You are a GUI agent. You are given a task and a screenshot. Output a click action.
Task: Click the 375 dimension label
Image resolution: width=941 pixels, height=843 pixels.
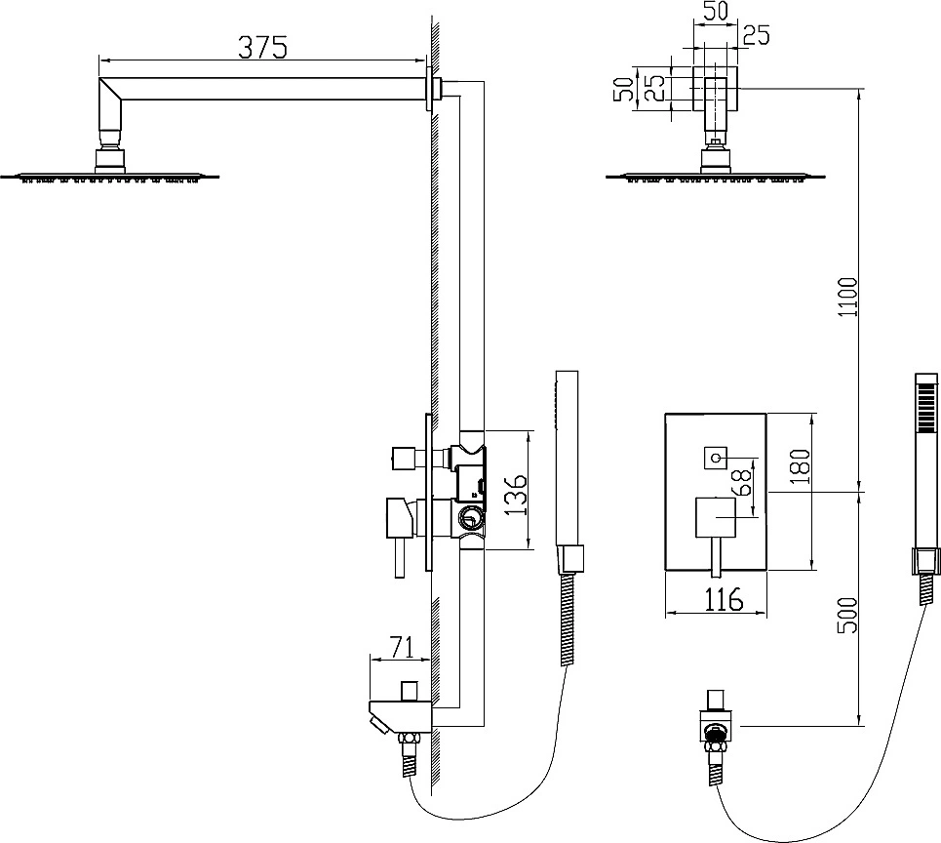click(263, 47)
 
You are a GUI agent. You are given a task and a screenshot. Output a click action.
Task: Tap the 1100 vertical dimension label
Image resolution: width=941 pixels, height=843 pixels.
click(848, 298)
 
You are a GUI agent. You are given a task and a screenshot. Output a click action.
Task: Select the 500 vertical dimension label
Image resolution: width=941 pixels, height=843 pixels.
click(848, 615)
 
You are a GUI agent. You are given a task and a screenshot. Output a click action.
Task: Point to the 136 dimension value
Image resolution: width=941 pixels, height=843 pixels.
click(514, 495)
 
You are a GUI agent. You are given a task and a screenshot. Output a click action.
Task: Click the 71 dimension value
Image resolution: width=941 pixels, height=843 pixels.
click(402, 647)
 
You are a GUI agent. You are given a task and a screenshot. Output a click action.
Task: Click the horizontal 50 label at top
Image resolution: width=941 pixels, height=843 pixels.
click(716, 11)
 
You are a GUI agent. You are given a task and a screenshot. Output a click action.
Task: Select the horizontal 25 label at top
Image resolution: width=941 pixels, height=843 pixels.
click(756, 35)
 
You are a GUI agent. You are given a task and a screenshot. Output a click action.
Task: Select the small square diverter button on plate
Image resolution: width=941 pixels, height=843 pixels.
click(716, 459)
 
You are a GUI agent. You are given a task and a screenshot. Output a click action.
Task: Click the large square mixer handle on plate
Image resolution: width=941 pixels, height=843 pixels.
click(716, 517)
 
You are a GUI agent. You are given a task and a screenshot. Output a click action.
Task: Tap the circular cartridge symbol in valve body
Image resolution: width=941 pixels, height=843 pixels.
click(469, 516)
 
